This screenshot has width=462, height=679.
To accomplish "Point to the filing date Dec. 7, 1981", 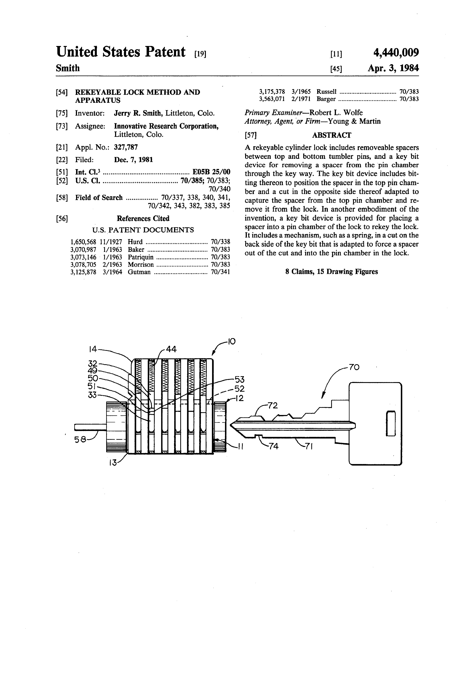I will [x=133, y=160].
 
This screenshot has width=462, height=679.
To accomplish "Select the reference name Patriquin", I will [x=140, y=257].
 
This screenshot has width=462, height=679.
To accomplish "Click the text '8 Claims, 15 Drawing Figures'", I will [x=331, y=272].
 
